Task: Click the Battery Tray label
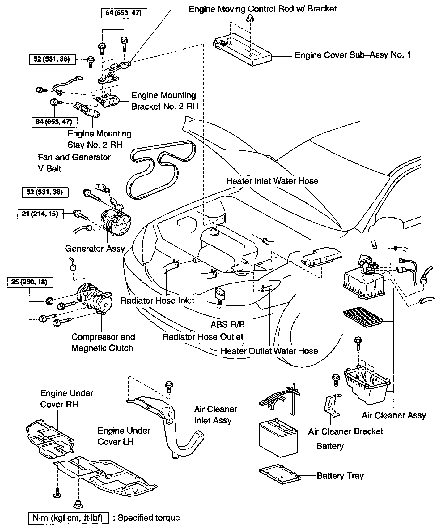[340, 476]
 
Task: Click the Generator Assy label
[95, 249]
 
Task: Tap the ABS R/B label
[227, 324]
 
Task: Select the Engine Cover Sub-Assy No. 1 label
[353, 55]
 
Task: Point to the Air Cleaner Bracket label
[345, 431]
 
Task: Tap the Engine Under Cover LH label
[124, 436]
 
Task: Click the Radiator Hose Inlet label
[157, 301]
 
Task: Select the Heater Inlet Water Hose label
[272, 181]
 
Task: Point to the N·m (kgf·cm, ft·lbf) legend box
[69, 518]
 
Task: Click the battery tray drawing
[279, 474]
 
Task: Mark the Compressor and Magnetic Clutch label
[103, 342]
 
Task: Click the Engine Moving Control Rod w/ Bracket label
[262, 9]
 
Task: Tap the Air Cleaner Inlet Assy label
[215, 415]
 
